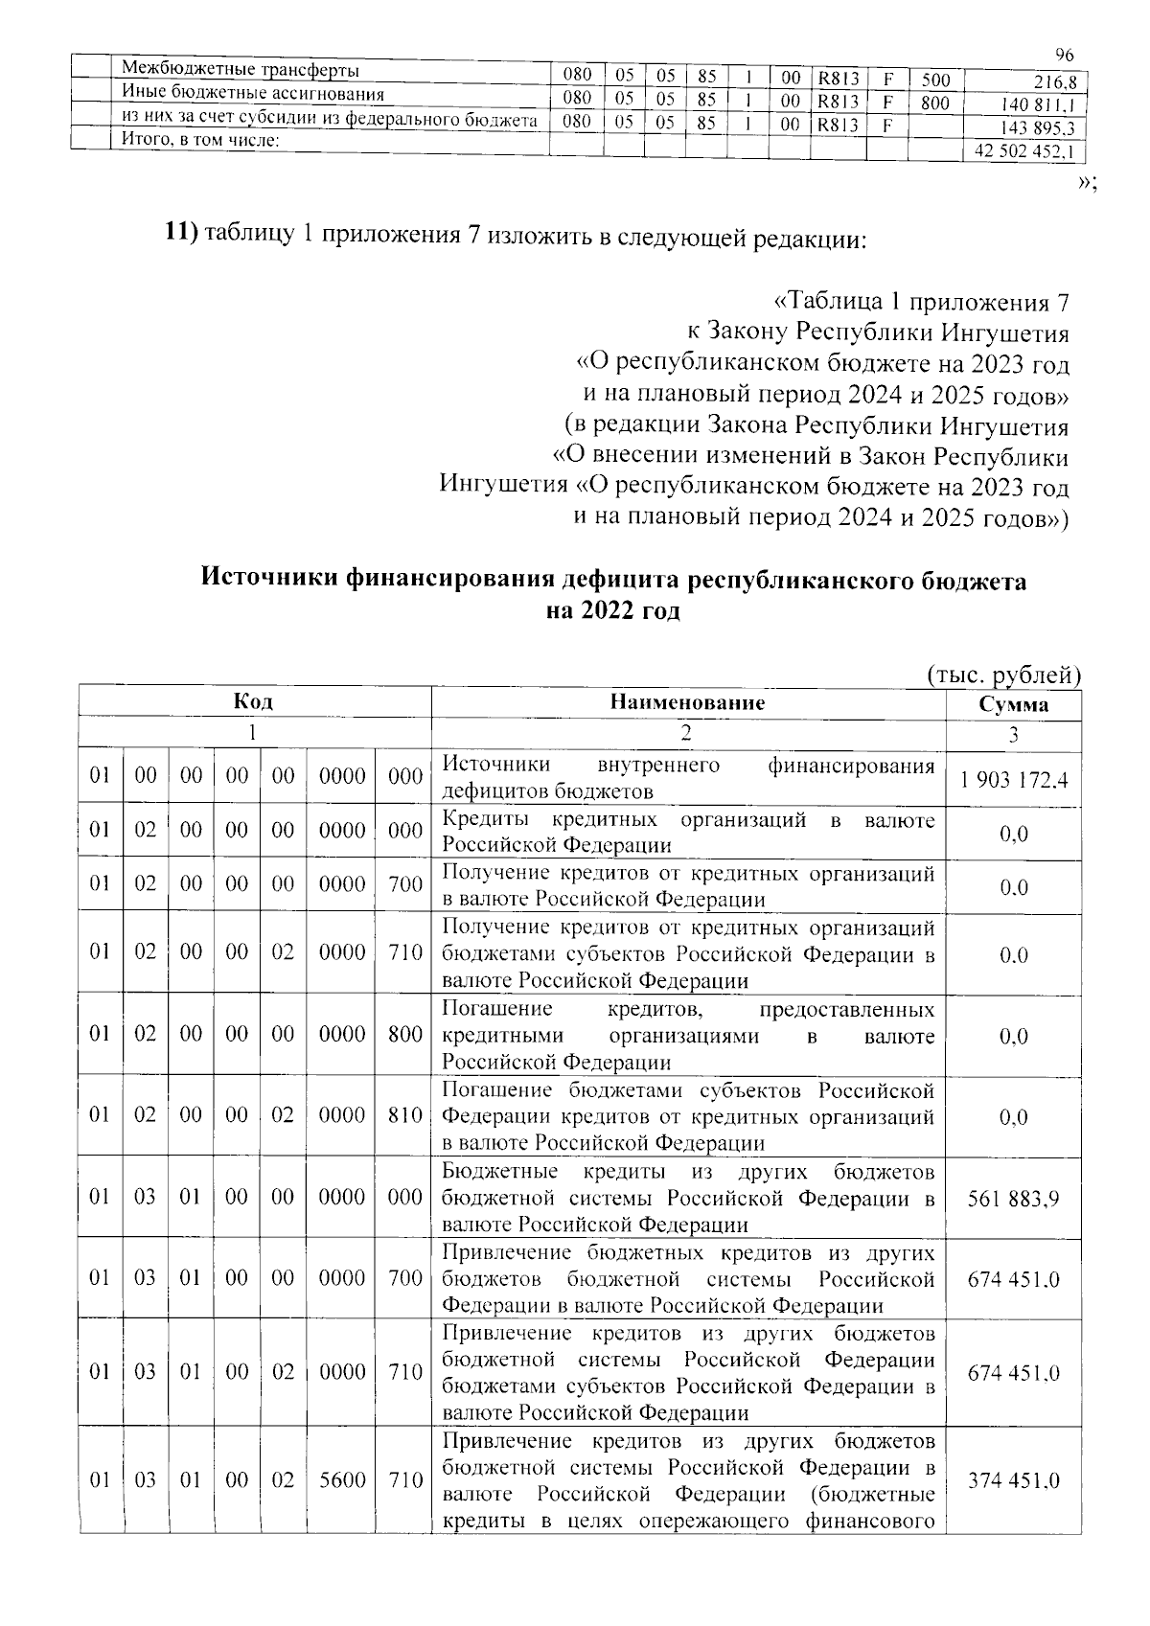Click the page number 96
point(1064,56)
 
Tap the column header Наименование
point(688,702)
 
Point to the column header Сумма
point(1013,705)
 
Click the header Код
point(254,702)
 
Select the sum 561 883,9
point(1013,1198)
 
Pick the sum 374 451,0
point(1013,1480)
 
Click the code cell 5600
point(342,1480)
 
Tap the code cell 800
point(405,1034)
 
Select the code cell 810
point(405,1115)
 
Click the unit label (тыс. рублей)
point(1003,675)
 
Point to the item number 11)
point(179,233)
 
